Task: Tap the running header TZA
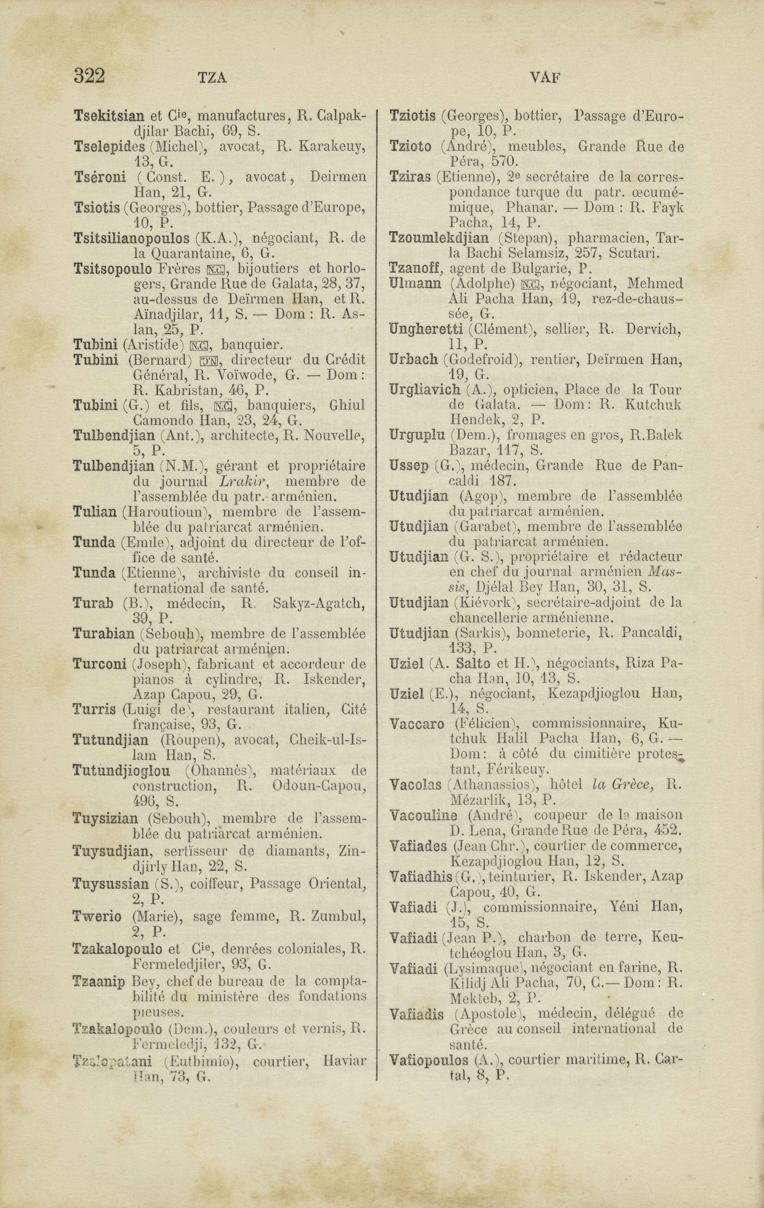[213, 78]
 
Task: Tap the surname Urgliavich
[424, 390]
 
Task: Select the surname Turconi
[99, 664]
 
